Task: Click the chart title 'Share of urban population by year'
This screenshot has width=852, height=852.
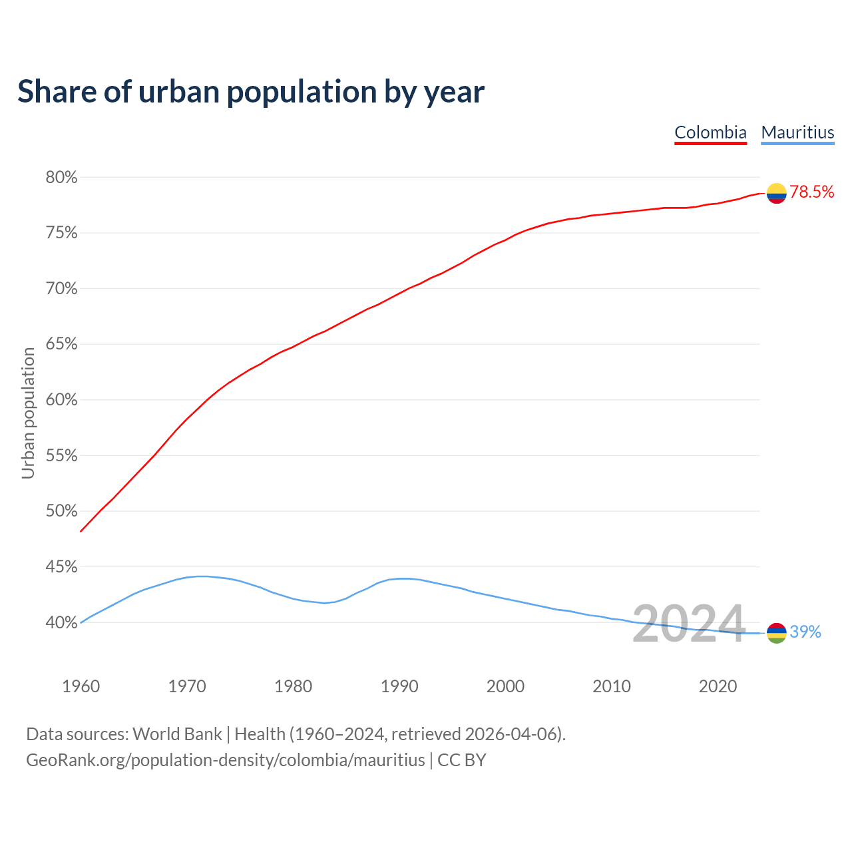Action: tap(251, 92)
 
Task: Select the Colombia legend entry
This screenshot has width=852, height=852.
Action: tap(710, 132)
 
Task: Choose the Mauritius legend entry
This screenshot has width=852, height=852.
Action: tap(797, 132)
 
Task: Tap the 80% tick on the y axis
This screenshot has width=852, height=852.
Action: tap(61, 178)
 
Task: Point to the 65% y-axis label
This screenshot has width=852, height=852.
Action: tap(61, 344)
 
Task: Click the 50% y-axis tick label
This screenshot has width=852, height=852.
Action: tap(61, 511)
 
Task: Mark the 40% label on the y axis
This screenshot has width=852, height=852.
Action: tap(61, 623)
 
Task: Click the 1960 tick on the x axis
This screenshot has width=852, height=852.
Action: tap(81, 686)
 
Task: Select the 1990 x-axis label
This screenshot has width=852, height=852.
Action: tap(399, 686)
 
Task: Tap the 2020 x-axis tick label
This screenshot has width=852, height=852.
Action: tap(718, 686)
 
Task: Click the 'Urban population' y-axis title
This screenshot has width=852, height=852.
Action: tap(28, 413)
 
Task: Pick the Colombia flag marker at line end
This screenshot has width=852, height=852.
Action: tap(776, 193)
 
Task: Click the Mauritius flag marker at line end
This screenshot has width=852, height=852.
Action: tap(776, 633)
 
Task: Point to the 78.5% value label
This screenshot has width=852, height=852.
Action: tap(812, 192)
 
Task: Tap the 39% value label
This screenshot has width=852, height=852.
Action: tap(805, 632)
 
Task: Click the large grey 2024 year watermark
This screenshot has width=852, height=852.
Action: tap(688, 624)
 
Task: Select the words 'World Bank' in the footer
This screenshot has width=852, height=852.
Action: tap(177, 734)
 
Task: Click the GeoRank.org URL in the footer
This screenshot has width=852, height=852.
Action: tap(225, 760)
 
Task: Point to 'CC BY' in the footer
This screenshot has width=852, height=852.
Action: tap(462, 760)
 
